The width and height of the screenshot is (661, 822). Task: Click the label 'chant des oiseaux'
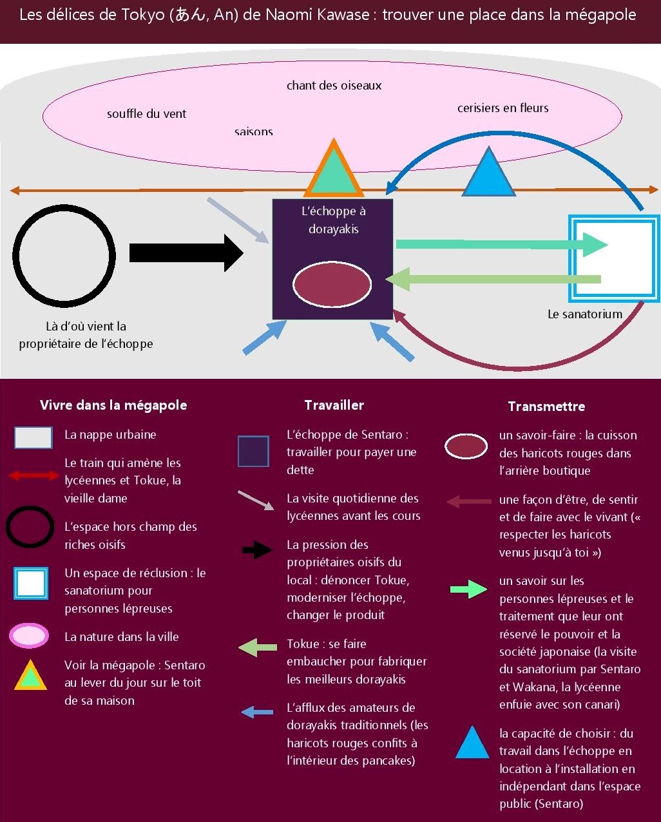click(x=334, y=86)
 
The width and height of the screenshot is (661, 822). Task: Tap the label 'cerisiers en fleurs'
click(x=503, y=108)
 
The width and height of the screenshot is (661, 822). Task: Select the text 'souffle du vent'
click(x=146, y=114)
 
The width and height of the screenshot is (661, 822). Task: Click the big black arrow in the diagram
click(x=186, y=253)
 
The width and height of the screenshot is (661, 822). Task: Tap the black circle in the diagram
click(x=64, y=255)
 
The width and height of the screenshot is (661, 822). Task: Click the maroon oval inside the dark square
click(x=332, y=285)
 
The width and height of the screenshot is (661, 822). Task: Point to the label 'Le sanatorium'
click(x=584, y=314)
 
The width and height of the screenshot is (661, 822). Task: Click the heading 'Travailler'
click(x=334, y=405)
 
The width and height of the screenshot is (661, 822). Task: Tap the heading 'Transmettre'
click(x=546, y=406)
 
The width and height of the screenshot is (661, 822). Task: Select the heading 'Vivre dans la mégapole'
click(x=113, y=405)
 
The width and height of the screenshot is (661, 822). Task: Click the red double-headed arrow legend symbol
click(x=34, y=475)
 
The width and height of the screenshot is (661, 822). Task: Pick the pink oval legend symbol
click(x=29, y=636)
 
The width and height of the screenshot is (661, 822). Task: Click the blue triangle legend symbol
click(x=472, y=743)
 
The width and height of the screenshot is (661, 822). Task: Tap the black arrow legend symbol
click(x=257, y=550)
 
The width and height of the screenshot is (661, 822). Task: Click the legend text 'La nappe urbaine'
click(x=110, y=435)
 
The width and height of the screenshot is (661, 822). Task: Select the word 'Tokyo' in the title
click(x=146, y=15)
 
